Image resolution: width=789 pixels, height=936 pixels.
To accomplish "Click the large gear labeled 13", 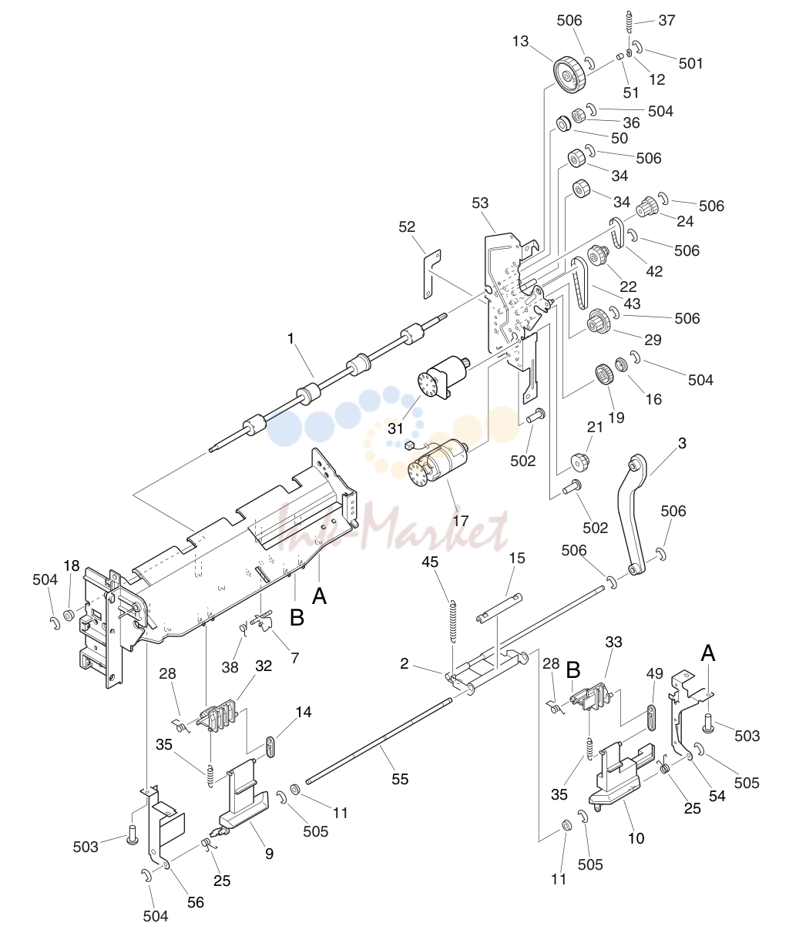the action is (569, 75).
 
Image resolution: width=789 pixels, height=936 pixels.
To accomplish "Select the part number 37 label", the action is (666, 20).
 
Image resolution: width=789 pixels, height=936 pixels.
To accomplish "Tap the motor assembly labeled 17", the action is (437, 468).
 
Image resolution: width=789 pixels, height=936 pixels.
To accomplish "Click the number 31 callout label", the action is (396, 428).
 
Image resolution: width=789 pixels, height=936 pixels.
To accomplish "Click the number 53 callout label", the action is (480, 203).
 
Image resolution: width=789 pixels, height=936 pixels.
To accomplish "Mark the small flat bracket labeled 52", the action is (432, 273).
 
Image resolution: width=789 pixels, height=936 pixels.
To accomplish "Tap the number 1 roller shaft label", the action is (291, 338).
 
